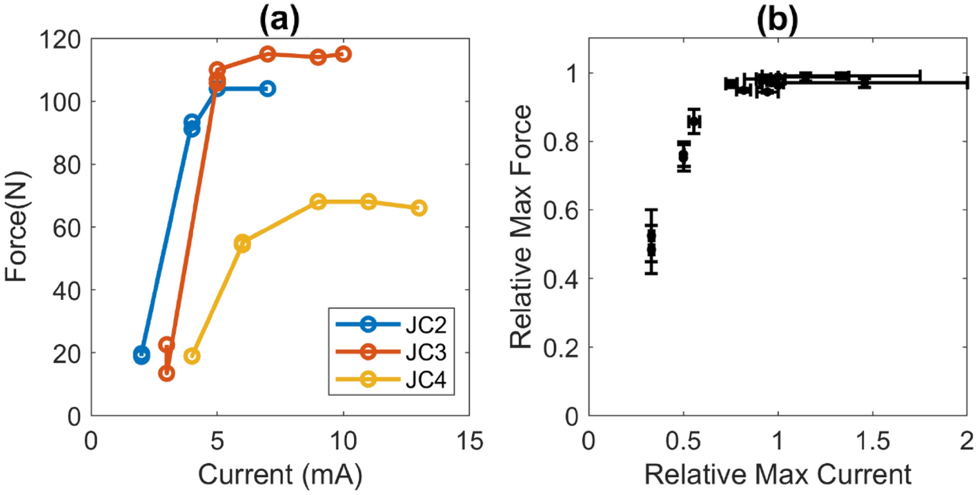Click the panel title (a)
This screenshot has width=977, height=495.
pos(279,14)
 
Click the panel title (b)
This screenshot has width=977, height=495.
pos(776,14)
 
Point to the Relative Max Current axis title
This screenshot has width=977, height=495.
pos(778,475)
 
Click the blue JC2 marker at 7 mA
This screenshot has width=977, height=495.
pos(268,88)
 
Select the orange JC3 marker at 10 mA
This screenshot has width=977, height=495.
pos(344,54)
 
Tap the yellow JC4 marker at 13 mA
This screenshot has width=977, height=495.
pos(419,208)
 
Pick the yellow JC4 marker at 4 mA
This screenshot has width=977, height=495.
pos(192,356)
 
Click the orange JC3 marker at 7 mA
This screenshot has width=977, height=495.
pos(268,54)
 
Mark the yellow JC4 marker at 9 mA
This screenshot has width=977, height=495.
pos(318,201)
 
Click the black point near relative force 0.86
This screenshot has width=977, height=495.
pos(694,121)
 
